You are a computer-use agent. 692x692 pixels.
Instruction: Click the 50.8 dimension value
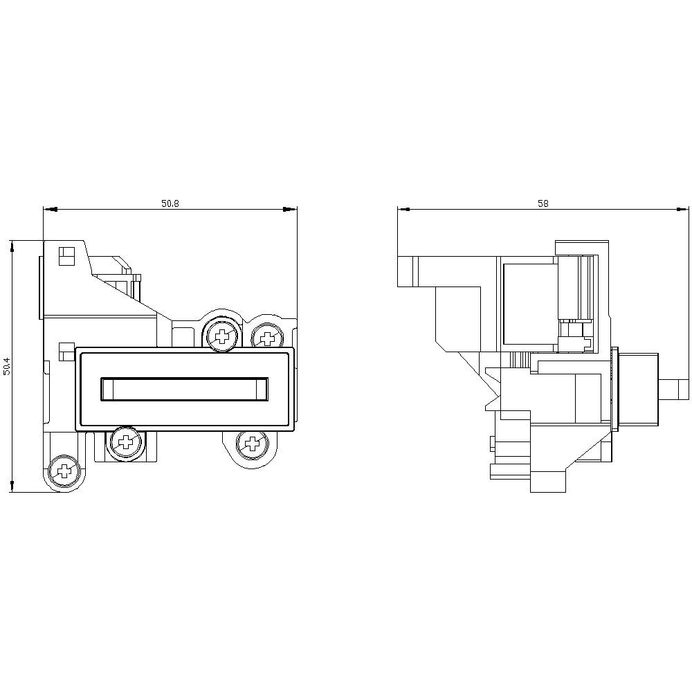[170, 203]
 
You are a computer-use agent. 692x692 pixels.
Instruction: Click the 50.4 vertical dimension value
[7, 366]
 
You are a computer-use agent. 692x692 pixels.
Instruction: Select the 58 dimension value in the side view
[543, 203]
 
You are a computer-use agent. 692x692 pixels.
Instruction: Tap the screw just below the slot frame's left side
[126, 440]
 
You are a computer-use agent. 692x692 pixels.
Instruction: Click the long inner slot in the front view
[184, 388]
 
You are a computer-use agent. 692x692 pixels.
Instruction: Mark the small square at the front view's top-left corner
[66, 256]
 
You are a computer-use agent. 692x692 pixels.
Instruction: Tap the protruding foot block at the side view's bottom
[548, 482]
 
